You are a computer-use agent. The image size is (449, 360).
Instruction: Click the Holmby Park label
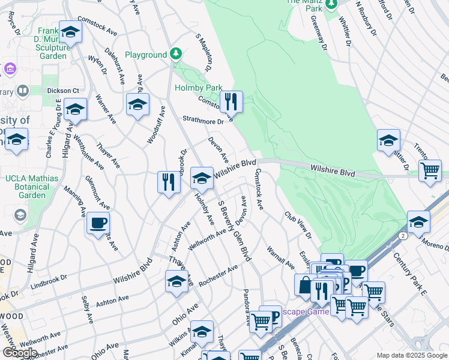199,88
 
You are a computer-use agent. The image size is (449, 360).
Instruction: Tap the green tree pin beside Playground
175,55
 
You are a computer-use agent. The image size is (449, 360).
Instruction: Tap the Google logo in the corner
20,353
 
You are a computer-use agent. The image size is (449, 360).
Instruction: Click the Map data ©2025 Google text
412,355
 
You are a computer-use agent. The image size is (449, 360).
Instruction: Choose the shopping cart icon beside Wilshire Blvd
430,170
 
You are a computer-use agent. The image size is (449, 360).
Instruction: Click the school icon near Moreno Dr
418,221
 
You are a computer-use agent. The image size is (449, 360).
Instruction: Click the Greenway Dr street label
319,29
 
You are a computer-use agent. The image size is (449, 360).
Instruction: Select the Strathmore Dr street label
203,120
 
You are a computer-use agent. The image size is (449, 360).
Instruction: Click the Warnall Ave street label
280,257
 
